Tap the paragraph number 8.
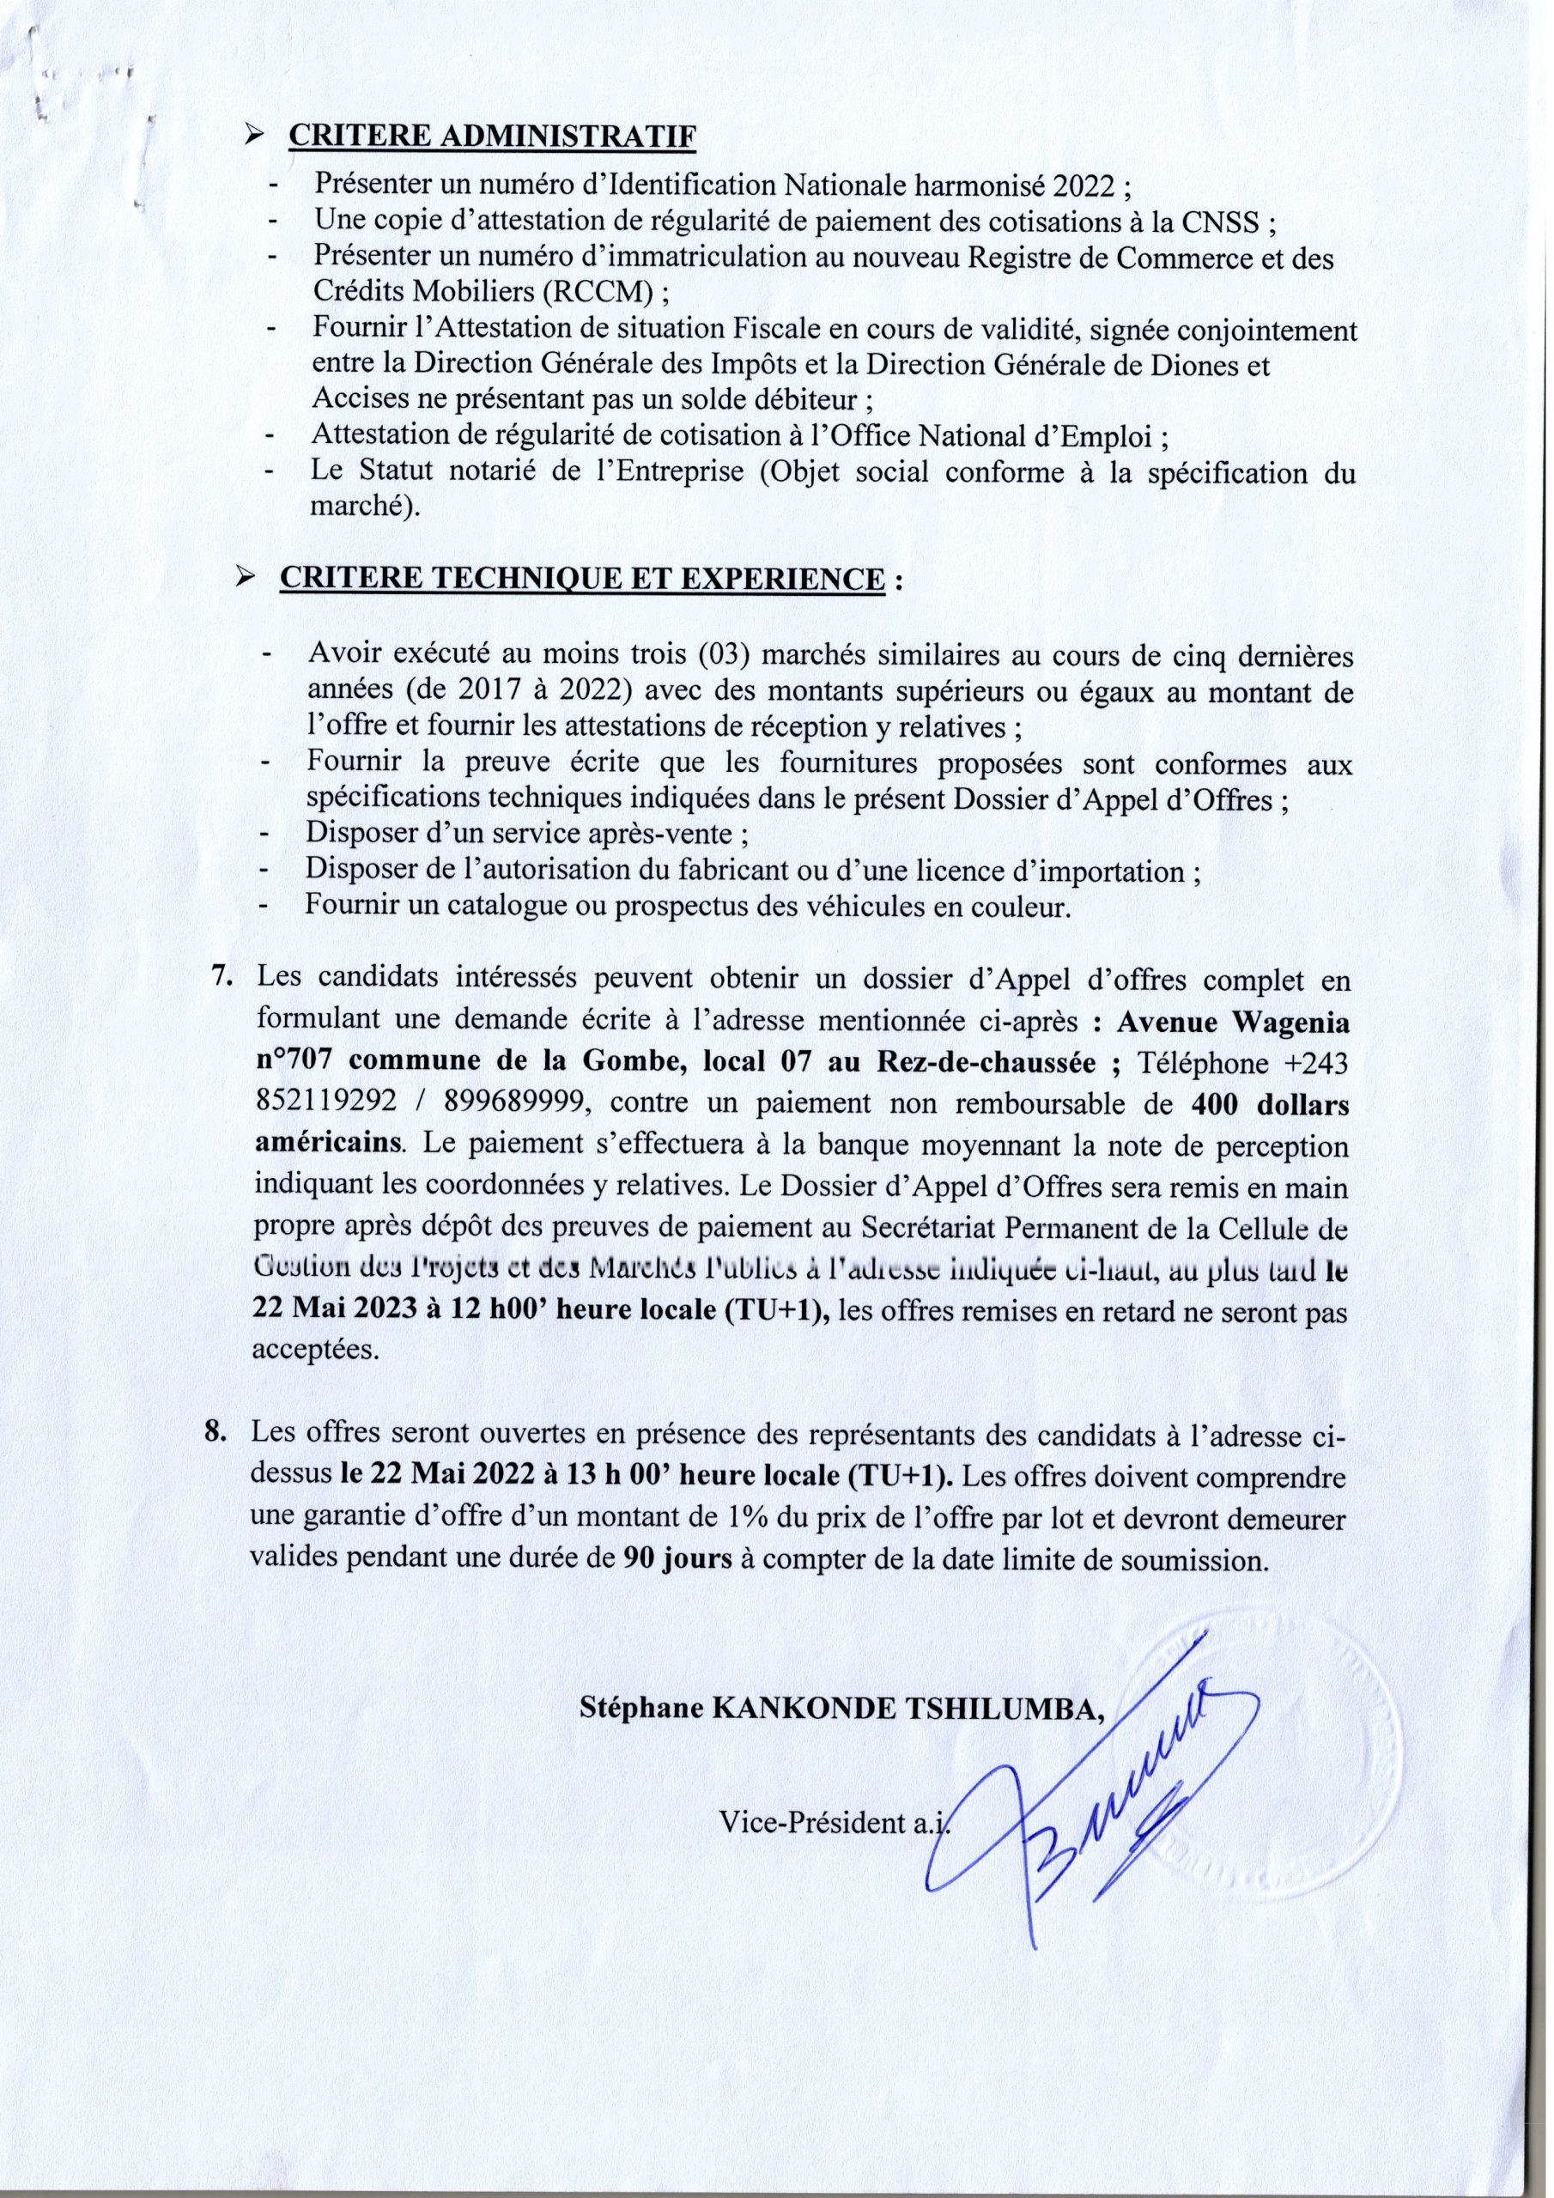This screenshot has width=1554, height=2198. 216,1435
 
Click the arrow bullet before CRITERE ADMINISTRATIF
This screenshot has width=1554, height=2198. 254,137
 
